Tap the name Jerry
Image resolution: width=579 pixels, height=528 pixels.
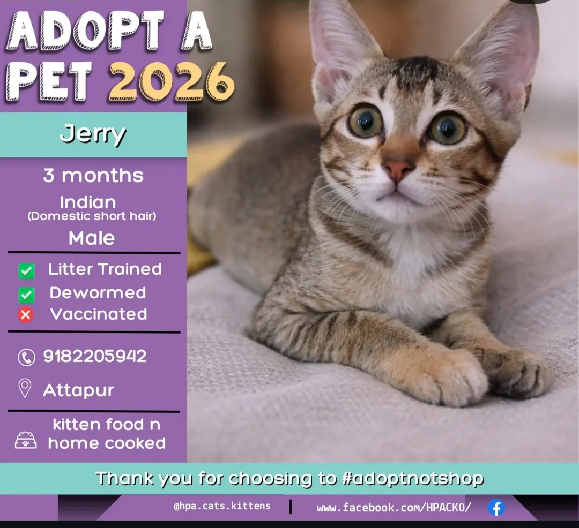click(93, 134)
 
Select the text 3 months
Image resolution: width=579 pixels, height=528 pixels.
click(93, 176)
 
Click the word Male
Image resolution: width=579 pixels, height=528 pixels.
click(92, 238)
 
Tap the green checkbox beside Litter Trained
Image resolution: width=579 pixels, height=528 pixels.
click(26, 271)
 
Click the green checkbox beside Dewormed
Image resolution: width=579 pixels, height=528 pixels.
click(26, 295)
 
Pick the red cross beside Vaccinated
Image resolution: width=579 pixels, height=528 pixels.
click(26, 315)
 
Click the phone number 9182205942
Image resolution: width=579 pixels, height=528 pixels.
click(95, 356)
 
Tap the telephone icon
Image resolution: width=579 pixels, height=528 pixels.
click(26, 357)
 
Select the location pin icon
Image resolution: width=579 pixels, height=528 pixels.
click(25, 389)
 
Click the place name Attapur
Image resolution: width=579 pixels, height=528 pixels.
click(78, 390)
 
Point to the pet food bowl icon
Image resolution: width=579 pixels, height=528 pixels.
click(26, 440)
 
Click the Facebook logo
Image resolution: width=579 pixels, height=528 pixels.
click(496, 507)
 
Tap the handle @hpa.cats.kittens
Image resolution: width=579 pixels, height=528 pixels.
click(222, 506)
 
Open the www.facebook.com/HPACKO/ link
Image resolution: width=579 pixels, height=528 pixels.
click(394, 507)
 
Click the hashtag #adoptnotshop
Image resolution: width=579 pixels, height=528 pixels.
click(413, 478)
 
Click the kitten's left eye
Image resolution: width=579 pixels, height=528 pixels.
click(366, 122)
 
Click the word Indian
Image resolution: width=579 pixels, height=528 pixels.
click(88, 202)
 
